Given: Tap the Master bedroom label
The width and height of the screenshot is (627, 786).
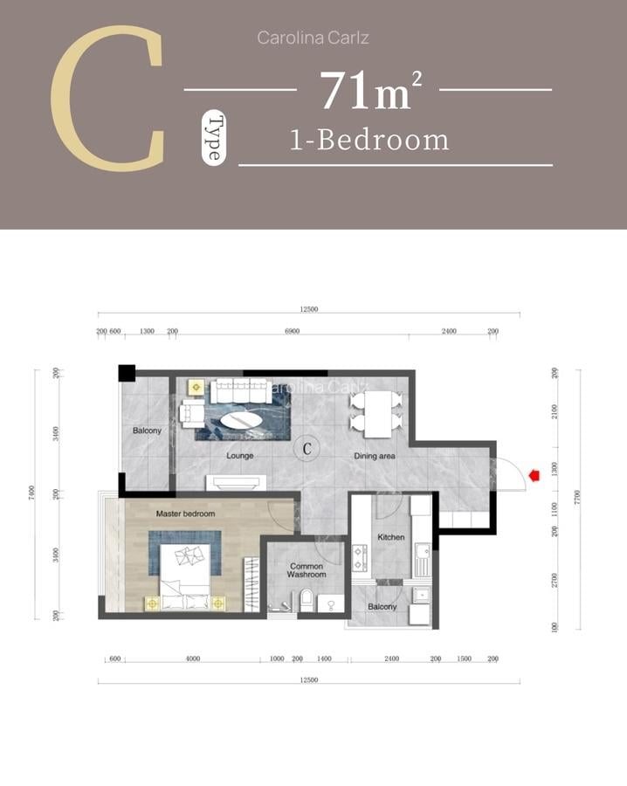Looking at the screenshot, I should coord(185,514).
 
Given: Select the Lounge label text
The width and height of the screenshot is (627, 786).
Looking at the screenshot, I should coord(240,456).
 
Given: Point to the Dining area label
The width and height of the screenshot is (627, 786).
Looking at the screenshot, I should coord(375,456).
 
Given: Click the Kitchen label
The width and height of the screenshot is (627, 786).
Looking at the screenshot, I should coord(390,537).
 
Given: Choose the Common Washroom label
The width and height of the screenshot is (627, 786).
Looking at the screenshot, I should coord(307,570).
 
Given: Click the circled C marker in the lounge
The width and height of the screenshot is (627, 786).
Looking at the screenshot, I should coord(307,448).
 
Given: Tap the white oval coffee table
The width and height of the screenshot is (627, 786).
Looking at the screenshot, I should coord(239,421).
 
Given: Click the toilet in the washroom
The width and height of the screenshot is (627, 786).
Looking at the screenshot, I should coord(306,600).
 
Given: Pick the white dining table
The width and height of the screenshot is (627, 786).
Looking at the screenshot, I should coord(377,414).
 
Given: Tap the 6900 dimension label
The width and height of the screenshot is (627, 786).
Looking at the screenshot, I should coord(292,332).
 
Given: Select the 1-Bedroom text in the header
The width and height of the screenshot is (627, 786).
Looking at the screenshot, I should coord(369,140).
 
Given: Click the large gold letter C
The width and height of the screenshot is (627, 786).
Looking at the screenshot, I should coord(108,98).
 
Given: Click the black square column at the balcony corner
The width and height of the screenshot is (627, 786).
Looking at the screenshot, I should coord(127,372).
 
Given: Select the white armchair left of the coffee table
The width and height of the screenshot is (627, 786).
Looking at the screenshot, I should coord(191,411).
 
